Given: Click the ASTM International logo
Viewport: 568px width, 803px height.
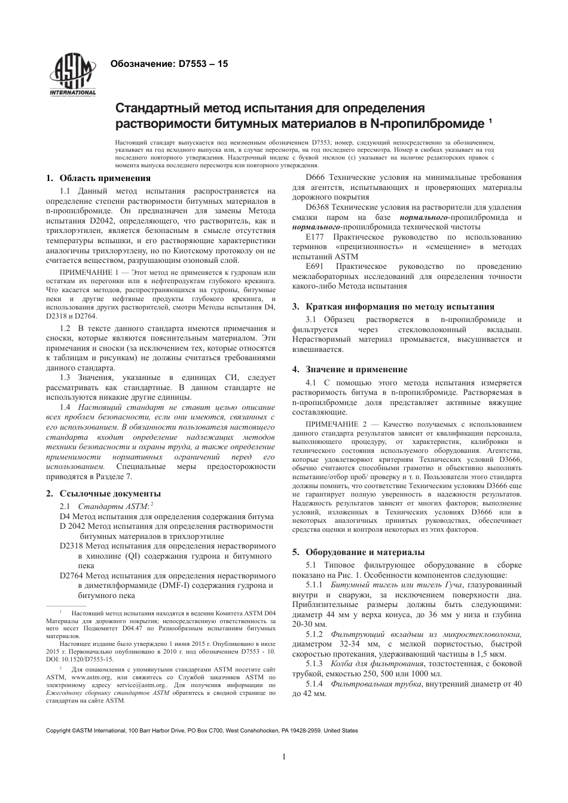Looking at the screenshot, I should (73, 76).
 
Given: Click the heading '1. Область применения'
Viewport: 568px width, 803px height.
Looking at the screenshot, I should (99, 178).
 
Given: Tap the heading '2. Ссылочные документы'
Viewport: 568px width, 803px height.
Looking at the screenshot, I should (103, 494).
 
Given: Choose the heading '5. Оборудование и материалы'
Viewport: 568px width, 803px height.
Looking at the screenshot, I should (358, 552).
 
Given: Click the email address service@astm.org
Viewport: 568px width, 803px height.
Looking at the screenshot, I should (142, 685).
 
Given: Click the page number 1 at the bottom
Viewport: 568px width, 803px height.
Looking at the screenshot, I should (284, 756).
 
